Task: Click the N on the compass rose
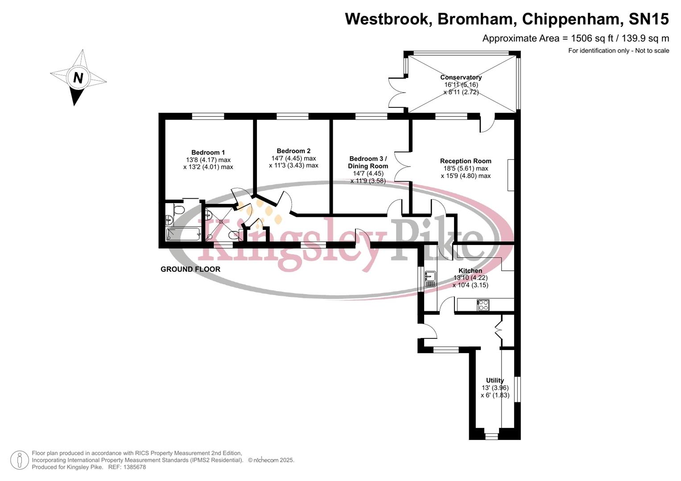[78, 78]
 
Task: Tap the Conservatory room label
[461, 77]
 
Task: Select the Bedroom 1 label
[208, 152]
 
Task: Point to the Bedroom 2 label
[293, 151]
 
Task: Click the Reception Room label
[466, 161]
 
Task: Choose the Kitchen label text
[470, 270]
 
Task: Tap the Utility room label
[495, 380]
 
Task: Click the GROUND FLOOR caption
[190, 269]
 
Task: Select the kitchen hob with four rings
[483, 305]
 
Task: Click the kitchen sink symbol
[430, 279]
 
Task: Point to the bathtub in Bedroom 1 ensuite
[183, 234]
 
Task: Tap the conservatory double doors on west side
[397, 93]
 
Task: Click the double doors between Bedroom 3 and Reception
[402, 163]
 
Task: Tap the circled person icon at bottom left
[19, 460]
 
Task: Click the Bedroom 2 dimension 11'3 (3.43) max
[293, 165]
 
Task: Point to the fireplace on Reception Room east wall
[511, 175]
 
